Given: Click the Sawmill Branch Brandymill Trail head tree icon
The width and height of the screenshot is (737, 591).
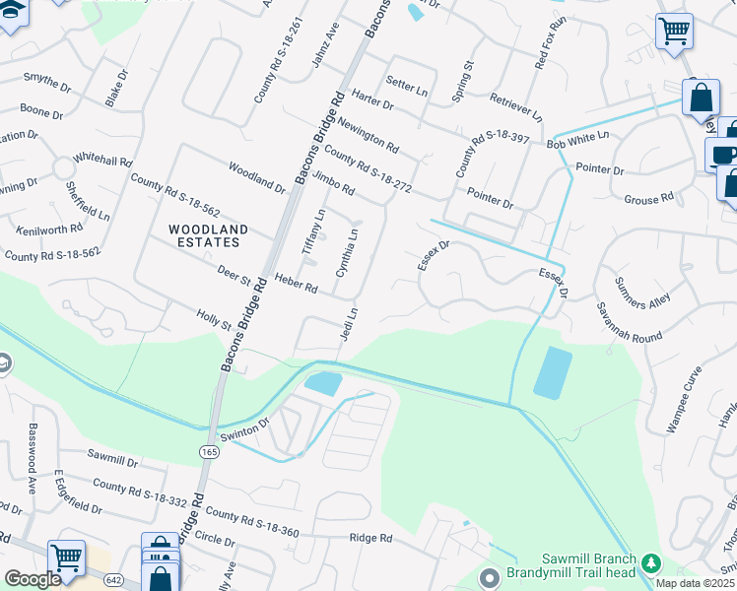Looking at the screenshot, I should click(x=649, y=561).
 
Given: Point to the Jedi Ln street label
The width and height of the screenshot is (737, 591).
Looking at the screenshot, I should click(x=348, y=326).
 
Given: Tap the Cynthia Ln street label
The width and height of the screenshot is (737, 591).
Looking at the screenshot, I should click(x=347, y=251).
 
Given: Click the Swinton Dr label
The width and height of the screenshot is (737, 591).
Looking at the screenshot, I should click(x=251, y=427).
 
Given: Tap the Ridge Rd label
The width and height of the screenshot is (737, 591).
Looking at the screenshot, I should click(x=370, y=539).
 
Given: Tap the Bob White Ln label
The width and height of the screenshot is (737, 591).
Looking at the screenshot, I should click(x=578, y=139).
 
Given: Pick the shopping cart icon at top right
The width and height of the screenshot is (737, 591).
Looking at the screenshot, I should click(x=674, y=30).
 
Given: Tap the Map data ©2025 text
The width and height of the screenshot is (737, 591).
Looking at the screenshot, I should click(x=693, y=583).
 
